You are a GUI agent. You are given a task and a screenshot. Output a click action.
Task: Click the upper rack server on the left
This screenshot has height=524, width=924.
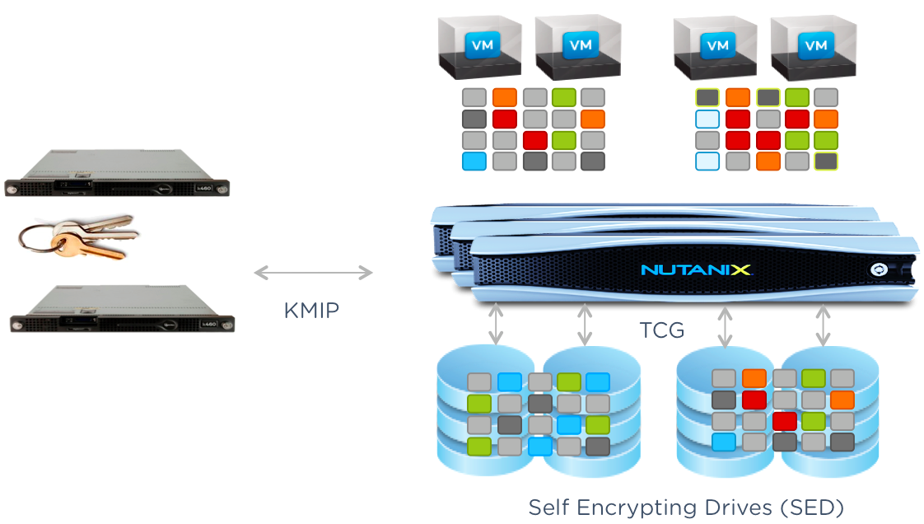click(116, 175)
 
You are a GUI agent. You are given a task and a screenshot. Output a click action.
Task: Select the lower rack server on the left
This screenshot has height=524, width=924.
click(121, 309)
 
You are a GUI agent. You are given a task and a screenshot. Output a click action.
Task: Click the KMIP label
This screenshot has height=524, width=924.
click(311, 310)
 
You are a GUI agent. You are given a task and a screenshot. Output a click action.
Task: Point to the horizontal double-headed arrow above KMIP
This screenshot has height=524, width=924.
click(313, 272)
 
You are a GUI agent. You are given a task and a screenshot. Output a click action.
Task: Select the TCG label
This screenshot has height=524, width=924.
click(662, 330)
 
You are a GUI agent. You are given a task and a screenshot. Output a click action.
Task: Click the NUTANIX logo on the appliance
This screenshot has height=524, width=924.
click(696, 269)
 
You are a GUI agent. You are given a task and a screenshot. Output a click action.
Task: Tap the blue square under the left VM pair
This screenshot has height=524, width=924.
click(474, 161)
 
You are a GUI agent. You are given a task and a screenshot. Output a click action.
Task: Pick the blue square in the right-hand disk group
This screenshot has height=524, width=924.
click(724, 442)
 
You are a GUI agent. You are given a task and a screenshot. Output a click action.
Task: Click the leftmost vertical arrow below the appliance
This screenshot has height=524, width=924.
click(495, 324)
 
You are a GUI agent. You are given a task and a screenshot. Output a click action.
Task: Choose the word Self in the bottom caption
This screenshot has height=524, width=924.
click(547, 506)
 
